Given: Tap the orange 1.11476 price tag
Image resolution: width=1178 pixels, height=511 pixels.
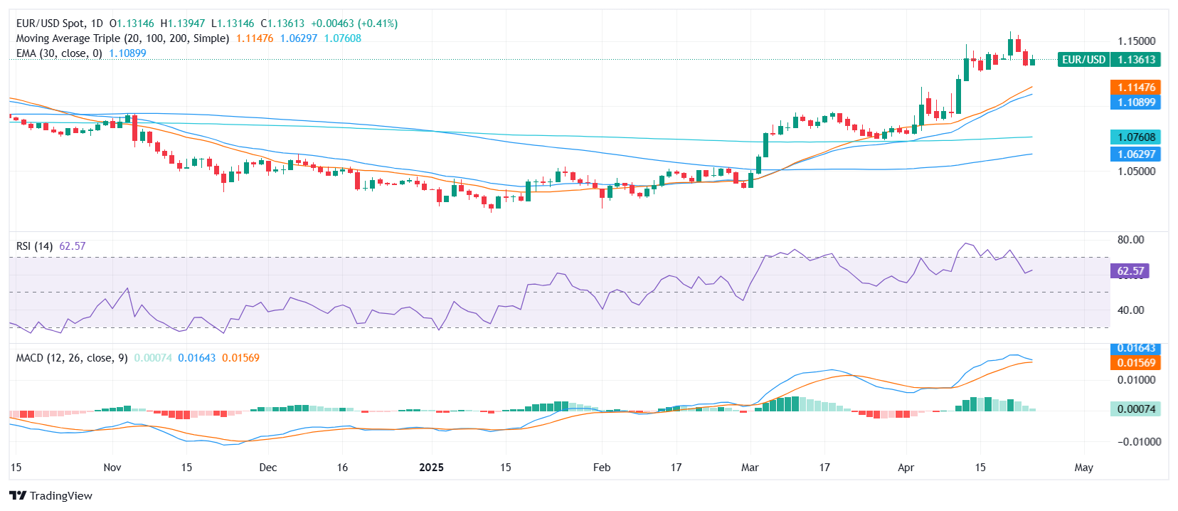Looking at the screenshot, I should [1136, 88].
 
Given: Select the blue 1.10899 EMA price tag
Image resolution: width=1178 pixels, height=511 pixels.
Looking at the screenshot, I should [1136, 102].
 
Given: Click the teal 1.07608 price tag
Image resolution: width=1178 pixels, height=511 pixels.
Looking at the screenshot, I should [1136, 137].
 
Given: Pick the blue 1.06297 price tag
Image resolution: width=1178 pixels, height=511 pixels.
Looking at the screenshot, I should [1136, 154].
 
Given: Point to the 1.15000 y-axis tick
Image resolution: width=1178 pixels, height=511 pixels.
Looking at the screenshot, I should [1136, 41].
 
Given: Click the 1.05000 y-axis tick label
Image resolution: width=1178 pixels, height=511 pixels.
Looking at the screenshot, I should [1136, 172].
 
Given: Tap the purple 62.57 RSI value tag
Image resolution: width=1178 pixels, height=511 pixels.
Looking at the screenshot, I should [1130, 271].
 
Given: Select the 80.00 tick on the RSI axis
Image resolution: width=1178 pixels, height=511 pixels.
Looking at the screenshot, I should [1130, 240].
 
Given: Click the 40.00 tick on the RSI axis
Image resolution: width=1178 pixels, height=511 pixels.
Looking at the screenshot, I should [1130, 310].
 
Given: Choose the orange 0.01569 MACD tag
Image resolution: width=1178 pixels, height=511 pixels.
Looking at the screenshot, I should [1136, 363].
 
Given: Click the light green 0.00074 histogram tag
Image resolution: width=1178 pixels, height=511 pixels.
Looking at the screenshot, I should [1136, 409].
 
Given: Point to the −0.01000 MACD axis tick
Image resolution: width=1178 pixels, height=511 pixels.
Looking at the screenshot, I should [1134, 442].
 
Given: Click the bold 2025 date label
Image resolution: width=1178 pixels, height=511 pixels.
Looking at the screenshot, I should [431, 468].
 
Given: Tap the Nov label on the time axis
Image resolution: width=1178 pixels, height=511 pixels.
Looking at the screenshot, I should [112, 468].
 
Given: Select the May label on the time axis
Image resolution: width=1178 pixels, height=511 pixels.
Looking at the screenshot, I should [1083, 468].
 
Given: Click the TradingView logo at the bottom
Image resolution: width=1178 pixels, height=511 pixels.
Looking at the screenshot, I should [51, 496].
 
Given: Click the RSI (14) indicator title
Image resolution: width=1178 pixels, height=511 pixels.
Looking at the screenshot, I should [34, 246].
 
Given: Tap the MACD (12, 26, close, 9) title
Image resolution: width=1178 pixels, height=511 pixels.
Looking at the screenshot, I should [72, 358].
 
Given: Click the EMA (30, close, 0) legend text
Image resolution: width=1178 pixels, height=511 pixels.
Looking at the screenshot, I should [59, 53].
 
